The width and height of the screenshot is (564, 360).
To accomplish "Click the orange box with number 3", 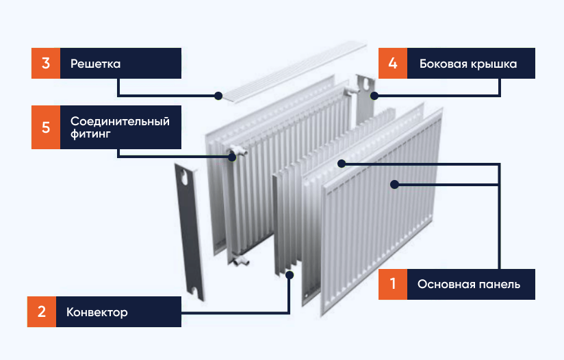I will [x=45, y=64].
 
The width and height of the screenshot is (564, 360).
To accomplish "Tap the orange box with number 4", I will [x=392, y=64].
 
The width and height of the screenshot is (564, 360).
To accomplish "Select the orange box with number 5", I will [x=45, y=127].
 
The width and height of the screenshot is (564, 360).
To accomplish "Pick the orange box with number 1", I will [x=392, y=283].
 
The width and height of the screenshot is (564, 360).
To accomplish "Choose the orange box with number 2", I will [x=42, y=312].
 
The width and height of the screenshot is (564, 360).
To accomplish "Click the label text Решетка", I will [x=95, y=64].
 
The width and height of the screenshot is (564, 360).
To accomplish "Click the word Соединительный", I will [x=120, y=120].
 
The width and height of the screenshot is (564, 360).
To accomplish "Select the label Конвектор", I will [x=97, y=312].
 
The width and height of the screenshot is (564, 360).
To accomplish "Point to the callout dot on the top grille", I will [x=218, y=95].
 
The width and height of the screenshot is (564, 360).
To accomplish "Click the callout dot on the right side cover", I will [x=373, y=95].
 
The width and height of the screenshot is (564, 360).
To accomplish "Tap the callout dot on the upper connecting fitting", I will [x=233, y=156].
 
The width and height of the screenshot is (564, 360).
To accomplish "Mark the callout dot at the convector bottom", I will [x=290, y=274].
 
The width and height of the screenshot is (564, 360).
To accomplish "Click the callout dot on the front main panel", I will [x=395, y=183].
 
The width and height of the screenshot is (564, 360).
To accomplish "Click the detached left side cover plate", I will [x=189, y=233].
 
